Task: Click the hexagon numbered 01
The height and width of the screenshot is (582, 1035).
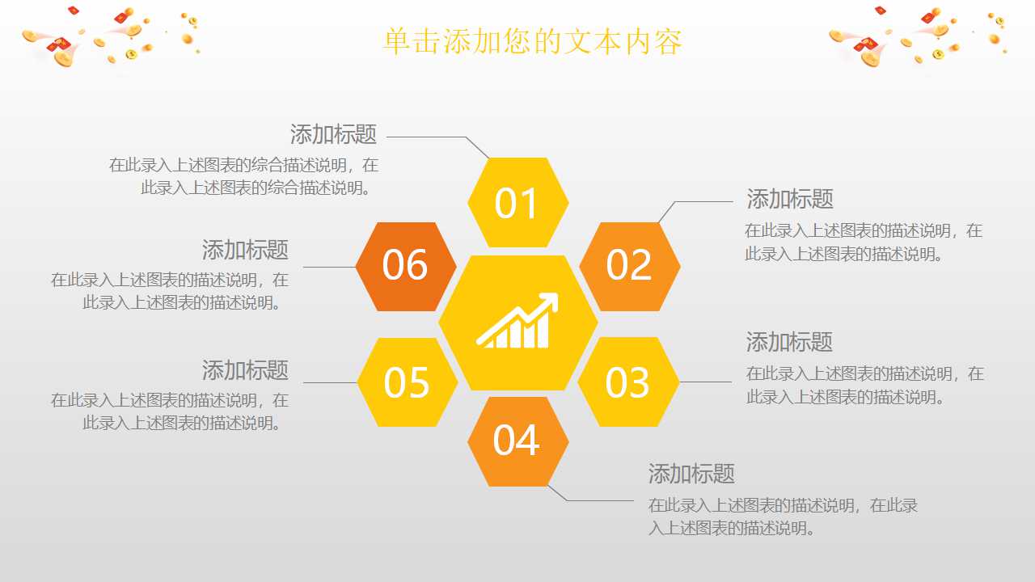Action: coord(517,203)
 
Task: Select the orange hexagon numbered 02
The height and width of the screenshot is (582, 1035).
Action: coord(629,266)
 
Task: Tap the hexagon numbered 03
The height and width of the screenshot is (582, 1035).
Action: coord(627,382)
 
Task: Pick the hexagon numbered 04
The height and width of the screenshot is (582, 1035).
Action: coord(517,441)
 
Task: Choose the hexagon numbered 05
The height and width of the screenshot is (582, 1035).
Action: coord(407,382)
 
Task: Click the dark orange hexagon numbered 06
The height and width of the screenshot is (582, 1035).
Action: coord(405,266)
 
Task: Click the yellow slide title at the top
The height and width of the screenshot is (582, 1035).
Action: coord(533,42)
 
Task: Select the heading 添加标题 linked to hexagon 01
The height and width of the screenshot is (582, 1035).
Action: coord(333,134)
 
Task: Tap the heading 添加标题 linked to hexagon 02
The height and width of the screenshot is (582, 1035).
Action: coord(789,199)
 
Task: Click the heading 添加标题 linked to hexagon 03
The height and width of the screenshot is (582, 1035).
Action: coord(788,342)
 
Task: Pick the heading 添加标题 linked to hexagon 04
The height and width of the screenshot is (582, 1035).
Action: coord(691,474)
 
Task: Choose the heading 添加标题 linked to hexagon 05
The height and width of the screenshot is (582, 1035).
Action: coord(245,371)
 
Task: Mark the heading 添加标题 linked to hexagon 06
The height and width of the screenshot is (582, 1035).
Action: coord(245,250)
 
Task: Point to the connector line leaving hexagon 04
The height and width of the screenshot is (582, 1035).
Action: coord(598,500)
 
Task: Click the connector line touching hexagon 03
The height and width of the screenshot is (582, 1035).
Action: coord(705,382)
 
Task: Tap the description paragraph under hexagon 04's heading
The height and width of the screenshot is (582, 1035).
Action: coord(782,517)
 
